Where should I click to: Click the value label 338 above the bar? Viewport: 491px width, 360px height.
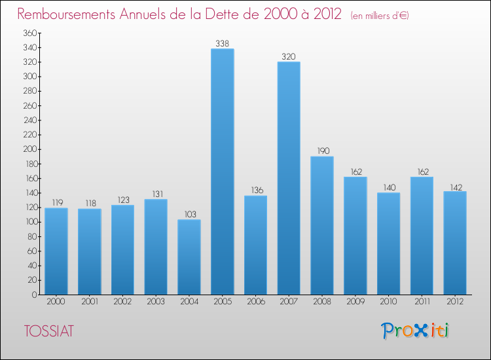[x=223, y=44]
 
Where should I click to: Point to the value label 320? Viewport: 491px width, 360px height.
[x=289, y=57]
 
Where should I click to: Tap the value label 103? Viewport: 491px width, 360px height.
[x=189, y=215]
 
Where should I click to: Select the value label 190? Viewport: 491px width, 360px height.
[x=322, y=151]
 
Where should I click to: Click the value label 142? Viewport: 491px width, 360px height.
[x=455, y=187]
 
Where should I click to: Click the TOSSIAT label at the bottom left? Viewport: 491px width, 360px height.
[x=48, y=331]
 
